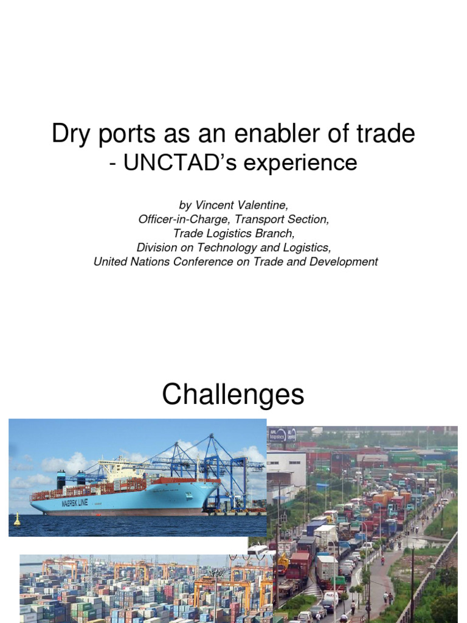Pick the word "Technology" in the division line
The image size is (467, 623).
pyautogui.click(x=224, y=248)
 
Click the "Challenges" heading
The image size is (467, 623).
pyautogui.click(x=233, y=395)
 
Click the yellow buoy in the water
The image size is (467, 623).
pyautogui.click(x=17, y=519)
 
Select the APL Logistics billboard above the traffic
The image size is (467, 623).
pyautogui.click(x=283, y=434)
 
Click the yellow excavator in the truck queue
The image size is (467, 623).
pyautogui.click(x=283, y=563)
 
